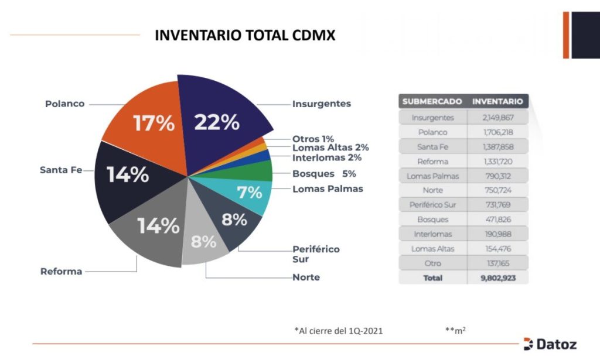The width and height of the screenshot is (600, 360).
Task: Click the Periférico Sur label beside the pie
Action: pyautogui.click(x=316, y=254)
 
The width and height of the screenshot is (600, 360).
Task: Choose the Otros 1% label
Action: pyautogui.click(x=313, y=139)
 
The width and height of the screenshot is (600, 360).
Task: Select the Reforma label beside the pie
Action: pyautogui.click(x=61, y=272)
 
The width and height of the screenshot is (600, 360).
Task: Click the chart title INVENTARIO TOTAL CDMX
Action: pyautogui.click(x=245, y=36)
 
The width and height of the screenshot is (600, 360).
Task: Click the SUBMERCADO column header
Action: pyautogui.click(x=432, y=101)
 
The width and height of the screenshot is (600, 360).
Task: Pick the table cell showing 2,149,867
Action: pyautogui.click(x=497, y=118)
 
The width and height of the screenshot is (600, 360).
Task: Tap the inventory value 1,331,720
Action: pyautogui.click(x=497, y=162)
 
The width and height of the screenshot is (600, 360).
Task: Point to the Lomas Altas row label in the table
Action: pyautogui.click(x=432, y=249)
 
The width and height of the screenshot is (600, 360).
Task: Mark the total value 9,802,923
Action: pyautogui.click(x=497, y=278)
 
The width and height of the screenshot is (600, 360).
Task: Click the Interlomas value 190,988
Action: pyautogui.click(x=497, y=234)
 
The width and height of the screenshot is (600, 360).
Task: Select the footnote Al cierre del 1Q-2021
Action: pyautogui.click(x=339, y=331)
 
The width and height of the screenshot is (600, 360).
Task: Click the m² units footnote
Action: pyautogui.click(x=455, y=331)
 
